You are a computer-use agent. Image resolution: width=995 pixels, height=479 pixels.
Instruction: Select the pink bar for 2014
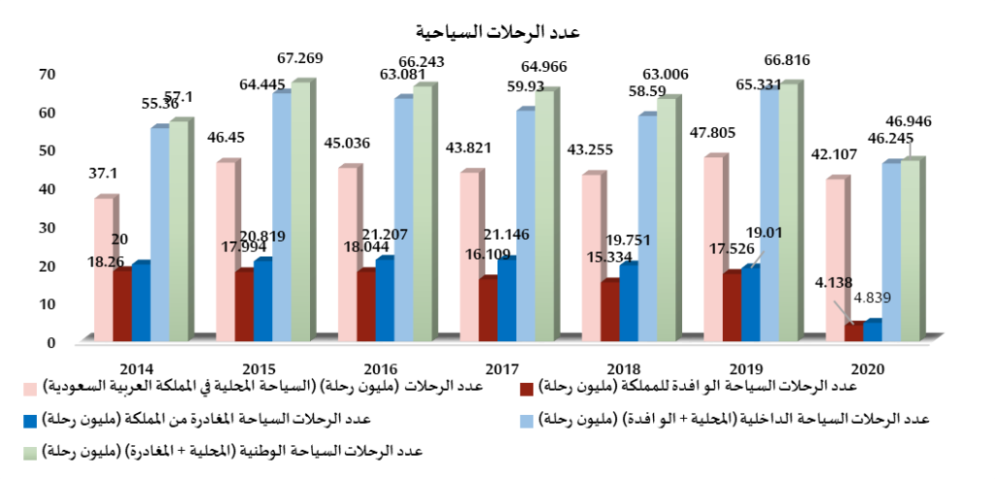tap(104, 269)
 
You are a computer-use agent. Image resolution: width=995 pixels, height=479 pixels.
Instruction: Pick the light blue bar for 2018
tap(647, 228)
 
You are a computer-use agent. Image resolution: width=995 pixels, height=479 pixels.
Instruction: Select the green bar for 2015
tap(300, 211)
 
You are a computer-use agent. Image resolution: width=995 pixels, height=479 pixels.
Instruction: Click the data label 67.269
tap(298, 58)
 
